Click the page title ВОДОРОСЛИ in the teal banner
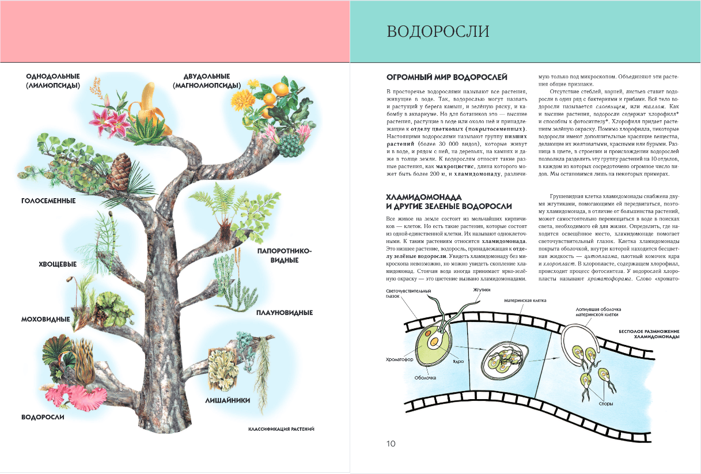[438, 31]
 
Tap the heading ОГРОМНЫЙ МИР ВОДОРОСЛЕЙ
[446, 77]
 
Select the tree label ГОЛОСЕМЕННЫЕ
[48, 201]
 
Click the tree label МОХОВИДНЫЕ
[46, 319]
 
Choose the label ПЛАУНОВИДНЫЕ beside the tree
[285, 313]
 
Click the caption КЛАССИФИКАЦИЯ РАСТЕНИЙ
[282, 429]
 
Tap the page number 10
[391, 443]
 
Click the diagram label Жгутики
[482, 290]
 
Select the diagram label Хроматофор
[399, 359]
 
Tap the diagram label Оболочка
[425, 378]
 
